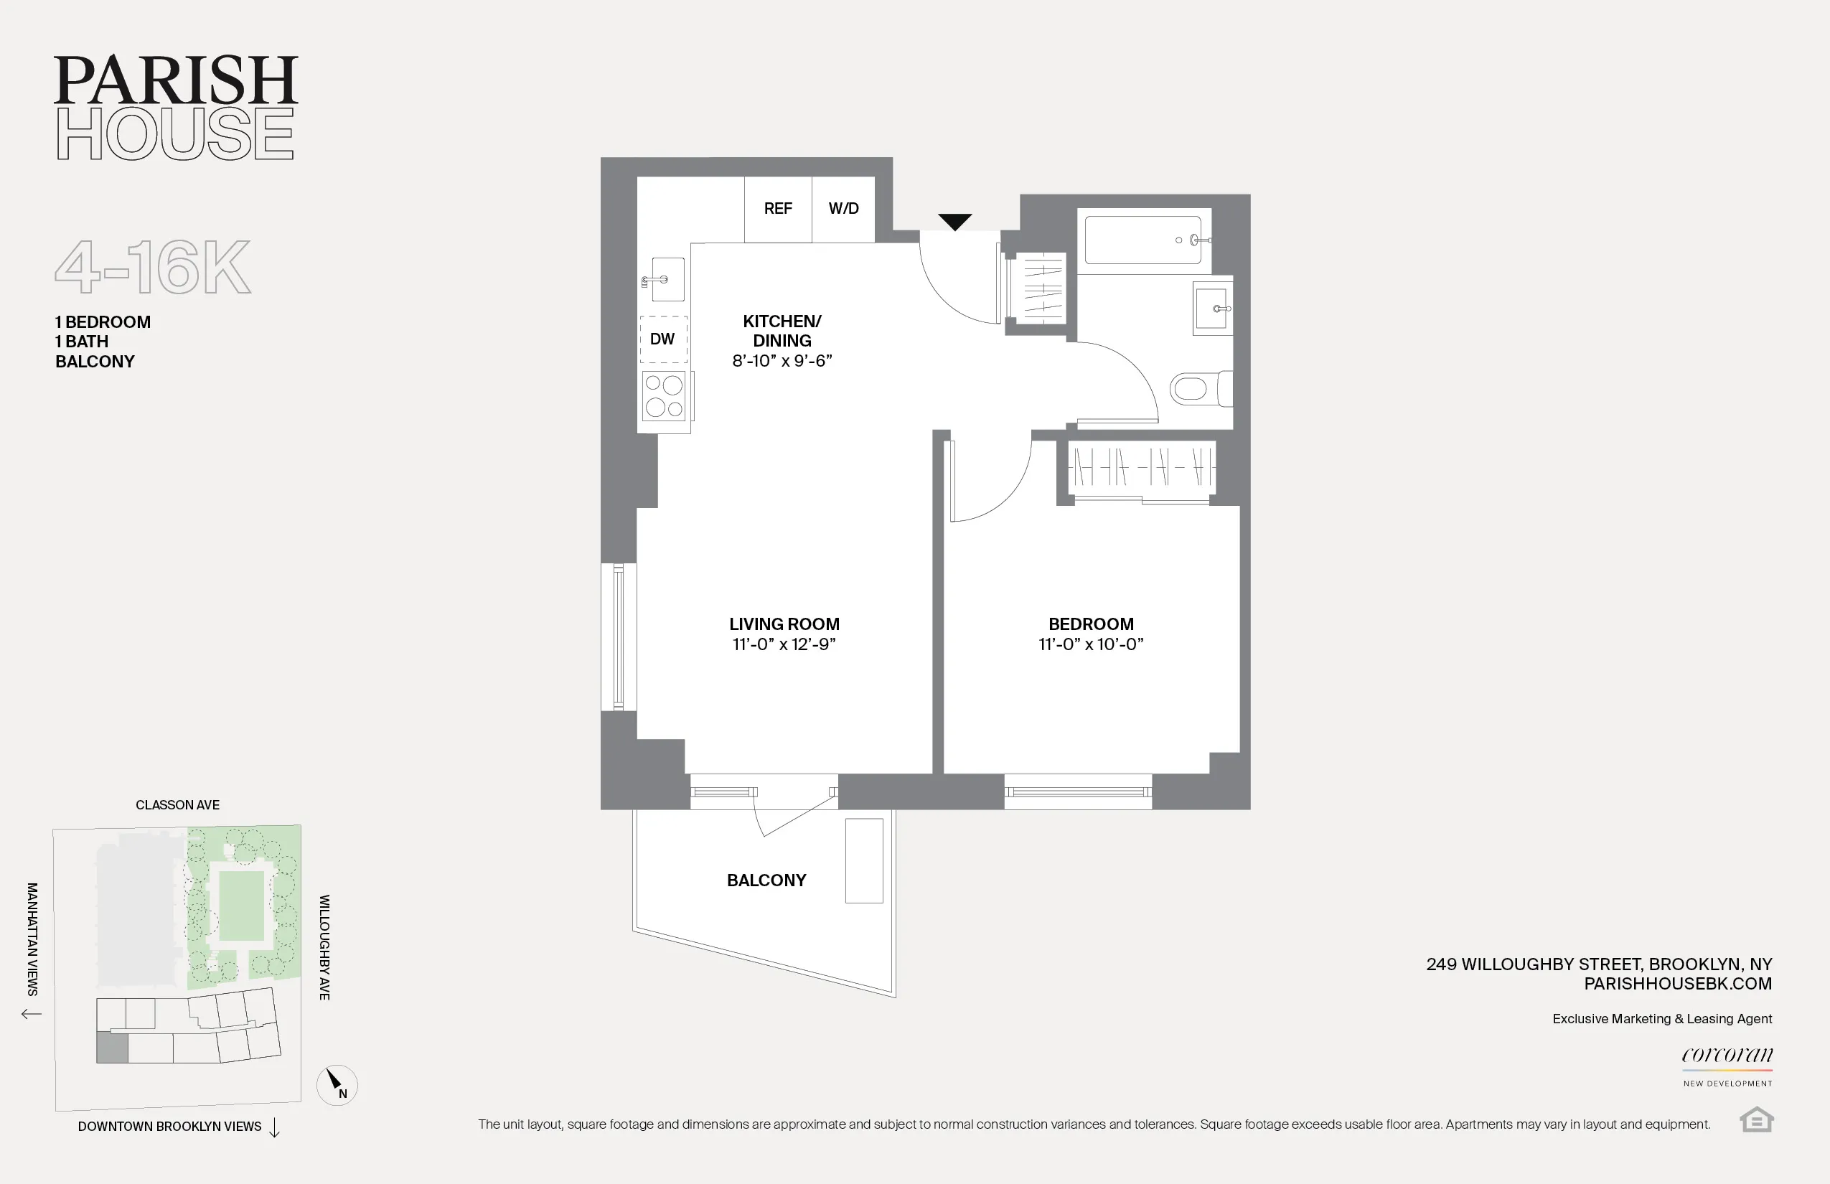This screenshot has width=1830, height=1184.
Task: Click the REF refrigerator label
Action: point(777,208)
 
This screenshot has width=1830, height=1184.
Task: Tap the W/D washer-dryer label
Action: point(843,208)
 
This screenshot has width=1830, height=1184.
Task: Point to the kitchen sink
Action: point(666,280)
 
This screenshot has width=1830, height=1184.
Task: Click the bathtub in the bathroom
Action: point(1142,240)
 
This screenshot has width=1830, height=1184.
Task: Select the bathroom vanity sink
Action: point(1212,309)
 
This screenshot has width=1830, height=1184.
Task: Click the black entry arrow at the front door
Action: point(955,222)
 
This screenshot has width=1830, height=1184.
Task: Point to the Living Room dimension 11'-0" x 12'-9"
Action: point(784,644)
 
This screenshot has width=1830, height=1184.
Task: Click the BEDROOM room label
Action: point(1090,624)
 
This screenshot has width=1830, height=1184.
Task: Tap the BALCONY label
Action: point(766,880)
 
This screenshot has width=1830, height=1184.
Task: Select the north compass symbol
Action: point(337,1084)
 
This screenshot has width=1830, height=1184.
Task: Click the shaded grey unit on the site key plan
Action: point(112,1048)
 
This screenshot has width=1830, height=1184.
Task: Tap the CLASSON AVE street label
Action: point(178,805)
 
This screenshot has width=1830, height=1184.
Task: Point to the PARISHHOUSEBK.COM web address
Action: point(1677,983)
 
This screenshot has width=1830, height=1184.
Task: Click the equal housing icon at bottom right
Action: point(1756,1119)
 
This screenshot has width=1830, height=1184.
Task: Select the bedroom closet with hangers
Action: point(1141,466)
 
